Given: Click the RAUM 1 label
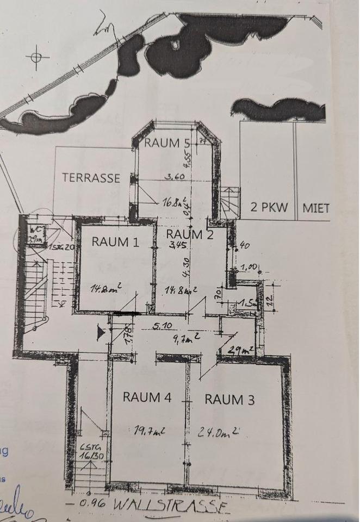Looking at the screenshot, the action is pyautogui.click(x=115, y=242).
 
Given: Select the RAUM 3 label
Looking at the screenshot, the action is pyautogui.click(x=229, y=399).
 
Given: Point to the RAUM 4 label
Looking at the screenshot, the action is pyautogui.click(x=147, y=397).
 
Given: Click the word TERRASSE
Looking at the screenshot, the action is pyautogui.click(x=91, y=178).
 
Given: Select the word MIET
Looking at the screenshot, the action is pyautogui.click(x=316, y=207).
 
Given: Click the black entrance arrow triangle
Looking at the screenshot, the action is pyautogui.click(x=100, y=333).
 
